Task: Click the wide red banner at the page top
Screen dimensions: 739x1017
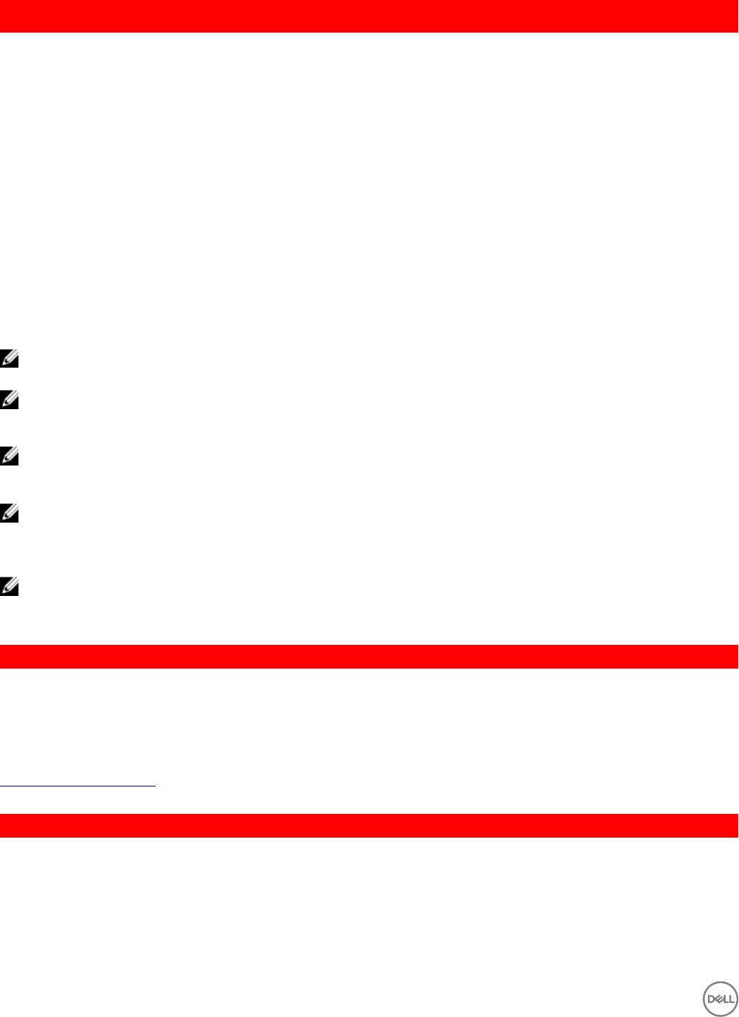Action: [369, 16]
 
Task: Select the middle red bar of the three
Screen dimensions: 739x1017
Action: [369, 657]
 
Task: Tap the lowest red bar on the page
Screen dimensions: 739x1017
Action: [369, 826]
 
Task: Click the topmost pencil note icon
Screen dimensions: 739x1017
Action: [9, 359]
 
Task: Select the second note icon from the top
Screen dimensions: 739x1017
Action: [9, 400]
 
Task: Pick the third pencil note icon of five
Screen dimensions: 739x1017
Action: [9, 457]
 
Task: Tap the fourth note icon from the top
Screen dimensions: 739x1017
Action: [9, 514]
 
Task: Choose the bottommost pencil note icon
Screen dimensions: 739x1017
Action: [9, 586]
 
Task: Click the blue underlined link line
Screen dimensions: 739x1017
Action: [78, 786]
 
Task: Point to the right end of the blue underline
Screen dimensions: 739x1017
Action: [155, 786]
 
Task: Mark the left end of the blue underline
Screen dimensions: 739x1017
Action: [1, 786]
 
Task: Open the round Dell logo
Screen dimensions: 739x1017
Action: [720, 999]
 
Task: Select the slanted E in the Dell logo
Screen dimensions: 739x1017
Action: [718, 999]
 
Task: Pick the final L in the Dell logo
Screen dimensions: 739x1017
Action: [731, 999]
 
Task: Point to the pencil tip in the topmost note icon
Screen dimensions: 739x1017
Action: [4, 364]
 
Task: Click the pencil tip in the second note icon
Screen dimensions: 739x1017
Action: [4, 405]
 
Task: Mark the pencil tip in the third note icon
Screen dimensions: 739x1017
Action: [4, 461]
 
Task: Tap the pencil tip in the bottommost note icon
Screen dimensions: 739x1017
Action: [4, 592]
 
